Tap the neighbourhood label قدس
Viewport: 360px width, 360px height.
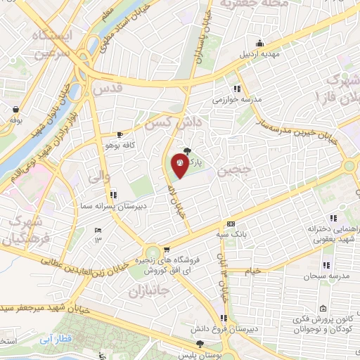(x=107, y=90)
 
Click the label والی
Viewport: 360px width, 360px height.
(x=99, y=178)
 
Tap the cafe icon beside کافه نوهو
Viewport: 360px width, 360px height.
(x=120, y=134)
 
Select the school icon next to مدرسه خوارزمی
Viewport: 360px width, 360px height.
(x=238, y=89)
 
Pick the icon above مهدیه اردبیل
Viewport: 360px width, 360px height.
(x=261, y=41)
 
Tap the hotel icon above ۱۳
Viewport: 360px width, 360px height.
(x=98, y=230)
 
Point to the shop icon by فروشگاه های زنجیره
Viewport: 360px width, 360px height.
(x=167, y=249)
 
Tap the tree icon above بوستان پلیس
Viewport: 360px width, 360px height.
(x=201, y=344)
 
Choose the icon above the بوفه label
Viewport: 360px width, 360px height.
(x=16, y=109)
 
